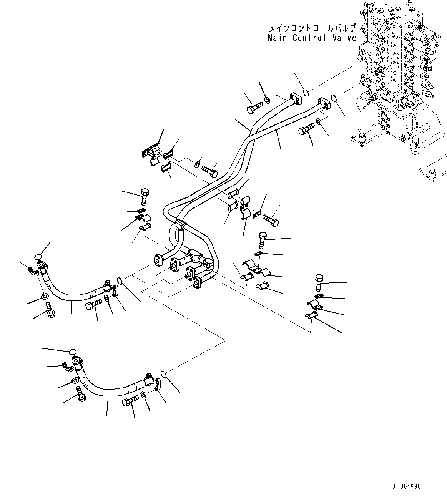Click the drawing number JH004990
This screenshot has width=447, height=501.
(x=407, y=486)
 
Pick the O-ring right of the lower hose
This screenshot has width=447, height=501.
(x=163, y=373)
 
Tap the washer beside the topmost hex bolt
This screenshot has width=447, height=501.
(x=268, y=101)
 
